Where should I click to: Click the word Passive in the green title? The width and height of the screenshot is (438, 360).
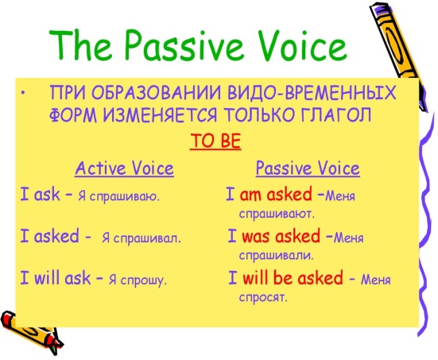point(182,45)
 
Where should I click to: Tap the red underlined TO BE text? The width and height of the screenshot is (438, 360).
point(215,141)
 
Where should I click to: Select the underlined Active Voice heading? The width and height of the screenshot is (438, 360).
point(124,168)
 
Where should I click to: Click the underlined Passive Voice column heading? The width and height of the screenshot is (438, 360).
point(308,168)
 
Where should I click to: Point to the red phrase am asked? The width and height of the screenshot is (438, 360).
point(276,195)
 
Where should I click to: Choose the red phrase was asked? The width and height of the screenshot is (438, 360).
point(281,236)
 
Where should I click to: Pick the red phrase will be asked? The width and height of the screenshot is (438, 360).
point(293,277)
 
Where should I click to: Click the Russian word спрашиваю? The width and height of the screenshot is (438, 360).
point(124,197)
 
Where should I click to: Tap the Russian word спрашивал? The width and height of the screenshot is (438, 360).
point(147,238)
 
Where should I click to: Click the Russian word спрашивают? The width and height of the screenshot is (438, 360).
point(277,215)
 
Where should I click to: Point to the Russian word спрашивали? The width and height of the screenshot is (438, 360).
point(277,256)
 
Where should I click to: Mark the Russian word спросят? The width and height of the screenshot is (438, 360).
point(263,297)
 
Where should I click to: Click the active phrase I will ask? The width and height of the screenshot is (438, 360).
point(56,278)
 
